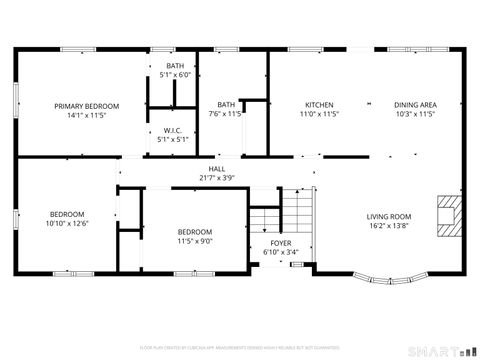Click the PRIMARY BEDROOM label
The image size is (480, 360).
click(87, 106)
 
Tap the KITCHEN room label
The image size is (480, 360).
click(319, 105)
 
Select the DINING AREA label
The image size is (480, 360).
click(414, 105)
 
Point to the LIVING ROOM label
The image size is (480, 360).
click(389, 217)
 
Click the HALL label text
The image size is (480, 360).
click(216, 169)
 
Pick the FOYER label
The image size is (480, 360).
click(281, 243)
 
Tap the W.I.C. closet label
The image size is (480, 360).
click(173, 131)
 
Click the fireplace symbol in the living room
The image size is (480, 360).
click(447, 214)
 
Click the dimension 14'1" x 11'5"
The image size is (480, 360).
click(87, 114)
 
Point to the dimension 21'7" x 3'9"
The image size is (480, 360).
click(216, 178)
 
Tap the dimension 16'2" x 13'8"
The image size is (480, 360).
click(389, 225)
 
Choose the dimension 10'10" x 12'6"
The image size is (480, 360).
click(67, 223)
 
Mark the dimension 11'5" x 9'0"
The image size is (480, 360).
click(195, 240)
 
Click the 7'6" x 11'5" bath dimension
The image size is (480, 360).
click(226, 114)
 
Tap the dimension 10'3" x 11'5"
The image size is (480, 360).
click(414, 114)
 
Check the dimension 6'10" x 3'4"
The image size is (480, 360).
click(281, 252)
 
